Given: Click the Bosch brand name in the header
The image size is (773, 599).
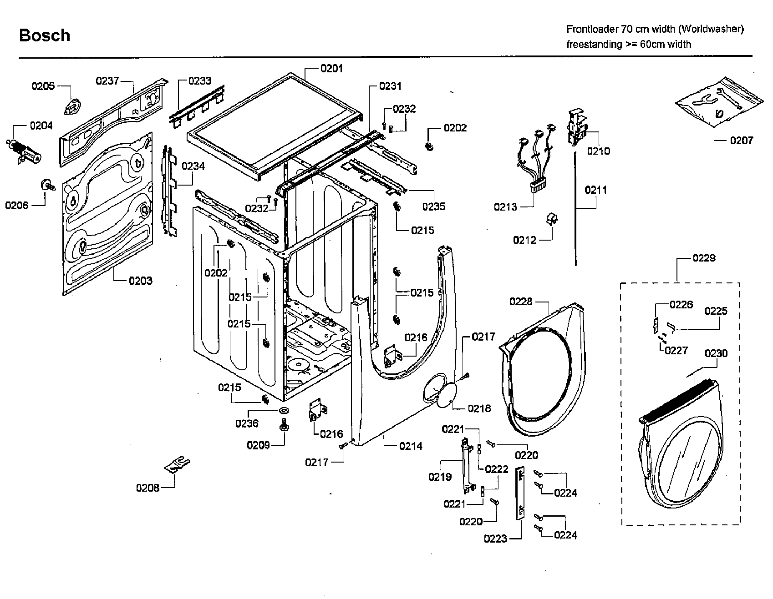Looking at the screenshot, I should pos(45,35).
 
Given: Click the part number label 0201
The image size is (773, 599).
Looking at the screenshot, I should pos(331,69).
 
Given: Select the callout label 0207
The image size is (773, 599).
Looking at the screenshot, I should pos(742,141).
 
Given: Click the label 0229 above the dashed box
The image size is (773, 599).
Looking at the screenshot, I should pos(704,258).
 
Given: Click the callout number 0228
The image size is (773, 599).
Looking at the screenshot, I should pos(521,302).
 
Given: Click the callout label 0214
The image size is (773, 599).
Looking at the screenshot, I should pos(411,446).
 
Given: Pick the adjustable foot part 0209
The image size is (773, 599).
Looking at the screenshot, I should pos(284,427).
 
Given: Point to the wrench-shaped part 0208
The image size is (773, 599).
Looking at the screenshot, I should pos(177,465).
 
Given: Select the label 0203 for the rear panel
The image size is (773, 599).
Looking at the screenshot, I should pos(140,281).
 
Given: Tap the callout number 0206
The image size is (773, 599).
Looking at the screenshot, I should pos(17,205).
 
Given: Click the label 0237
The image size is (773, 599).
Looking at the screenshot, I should pos(107,81).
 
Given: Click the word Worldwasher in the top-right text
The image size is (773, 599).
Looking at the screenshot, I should pos(711,29).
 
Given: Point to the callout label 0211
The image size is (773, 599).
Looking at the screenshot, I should pos(595,190).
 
